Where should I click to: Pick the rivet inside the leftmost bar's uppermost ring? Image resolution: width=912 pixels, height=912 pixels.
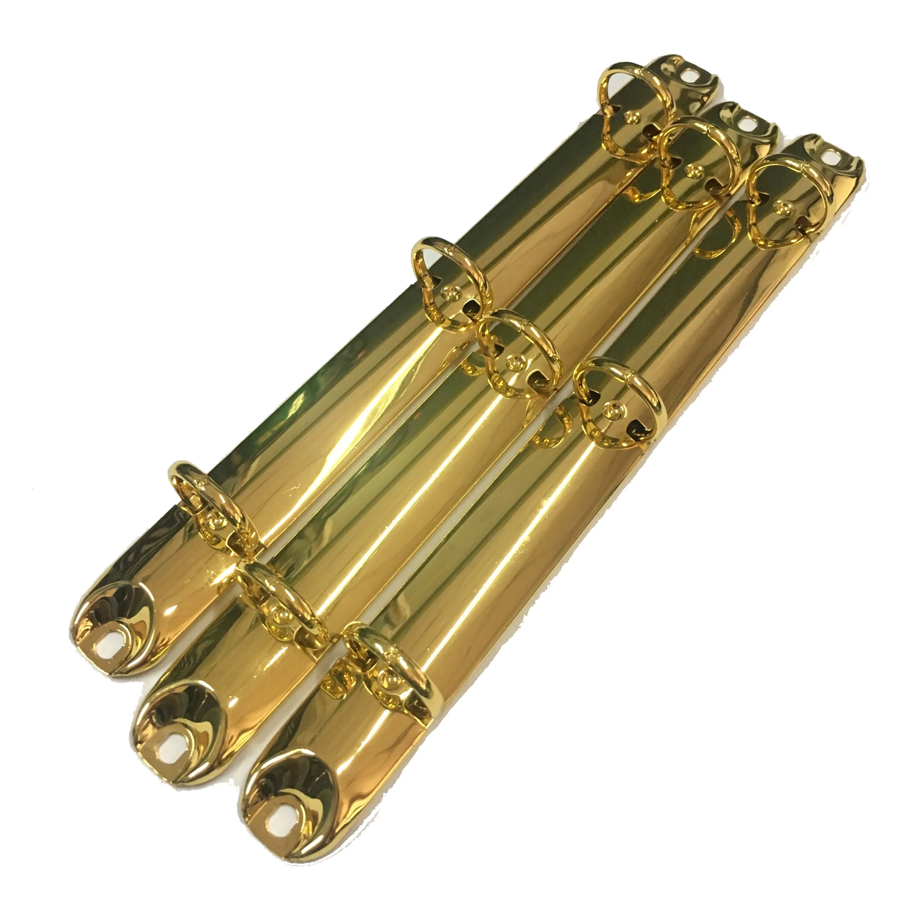629,115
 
